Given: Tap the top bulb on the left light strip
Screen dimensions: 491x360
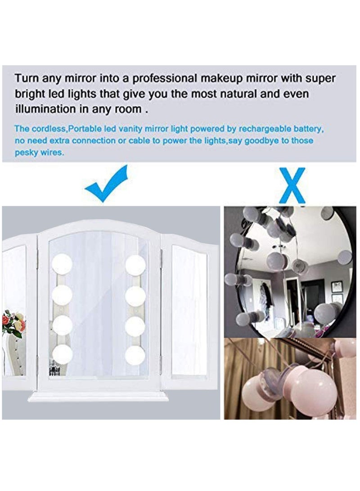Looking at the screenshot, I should click(62, 265).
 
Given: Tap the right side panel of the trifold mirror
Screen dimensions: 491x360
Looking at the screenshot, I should click(189, 311).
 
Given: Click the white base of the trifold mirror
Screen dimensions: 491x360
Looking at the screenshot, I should click(98, 396).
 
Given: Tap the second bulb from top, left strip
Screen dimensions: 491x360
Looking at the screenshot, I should click(62, 295).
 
